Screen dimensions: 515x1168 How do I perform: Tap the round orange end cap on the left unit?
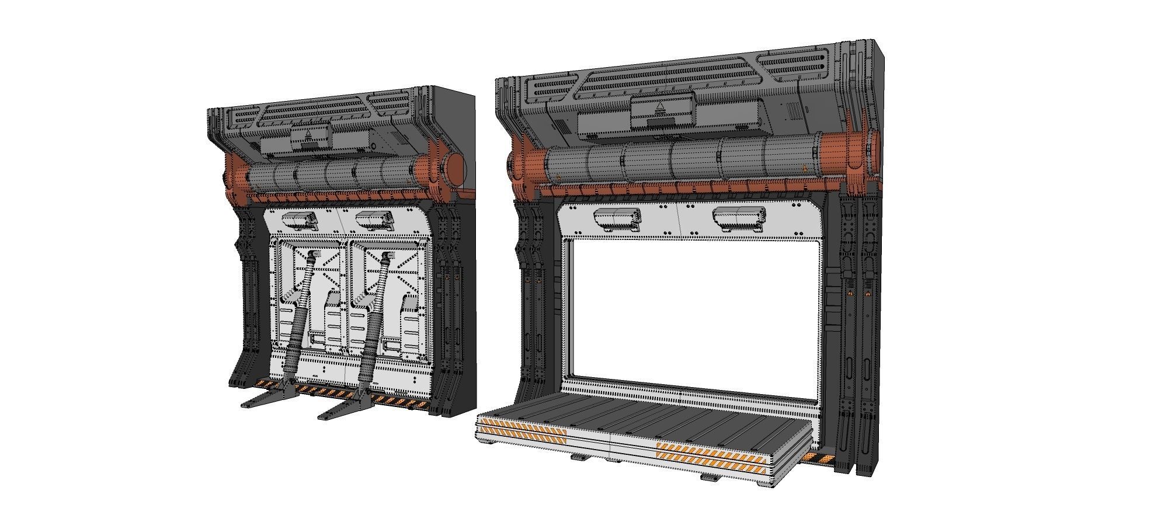(455, 169)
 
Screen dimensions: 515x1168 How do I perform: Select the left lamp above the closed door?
(299, 220)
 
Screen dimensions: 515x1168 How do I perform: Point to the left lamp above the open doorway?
(617, 218)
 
